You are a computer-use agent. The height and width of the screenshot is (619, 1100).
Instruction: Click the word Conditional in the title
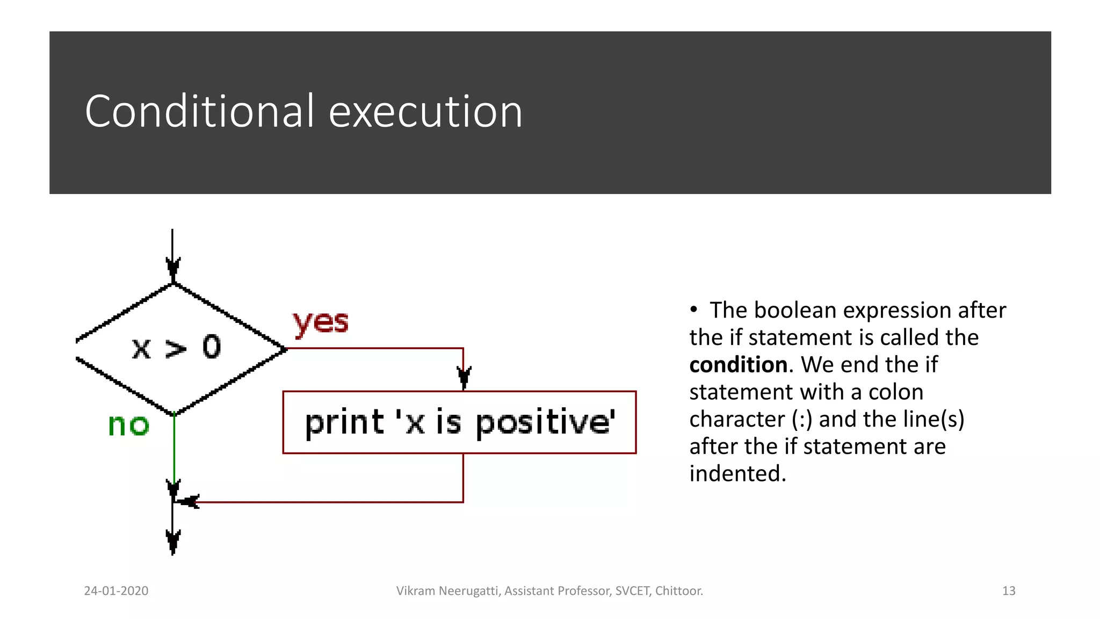199,111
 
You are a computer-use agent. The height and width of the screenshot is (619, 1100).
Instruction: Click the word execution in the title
425,111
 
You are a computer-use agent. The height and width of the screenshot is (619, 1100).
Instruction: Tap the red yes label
321,322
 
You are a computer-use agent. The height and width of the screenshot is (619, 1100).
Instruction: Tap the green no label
128,425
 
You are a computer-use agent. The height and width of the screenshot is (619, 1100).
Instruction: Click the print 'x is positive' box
459,422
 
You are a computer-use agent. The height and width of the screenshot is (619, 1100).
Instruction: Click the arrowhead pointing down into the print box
464,376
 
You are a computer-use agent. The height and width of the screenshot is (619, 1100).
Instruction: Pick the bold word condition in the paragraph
738,365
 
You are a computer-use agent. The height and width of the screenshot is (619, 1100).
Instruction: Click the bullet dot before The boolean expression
693,309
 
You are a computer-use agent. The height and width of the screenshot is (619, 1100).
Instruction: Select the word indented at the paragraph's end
737,474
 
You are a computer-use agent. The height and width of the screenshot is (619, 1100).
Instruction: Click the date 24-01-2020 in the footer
116,591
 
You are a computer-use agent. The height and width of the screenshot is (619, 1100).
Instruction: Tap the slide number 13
1008,591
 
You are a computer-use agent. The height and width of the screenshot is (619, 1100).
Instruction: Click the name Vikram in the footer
416,591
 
